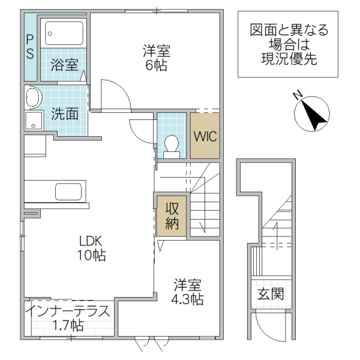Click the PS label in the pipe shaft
[x=29, y=46]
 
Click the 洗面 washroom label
[x=64, y=113]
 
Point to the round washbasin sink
[x=33, y=97]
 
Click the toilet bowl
[x=171, y=145]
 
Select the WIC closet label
[x=205, y=136]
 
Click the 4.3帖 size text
[x=187, y=299]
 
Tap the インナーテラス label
[x=68, y=311]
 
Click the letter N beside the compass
[x=297, y=95]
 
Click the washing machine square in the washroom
[x=34, y=120]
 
